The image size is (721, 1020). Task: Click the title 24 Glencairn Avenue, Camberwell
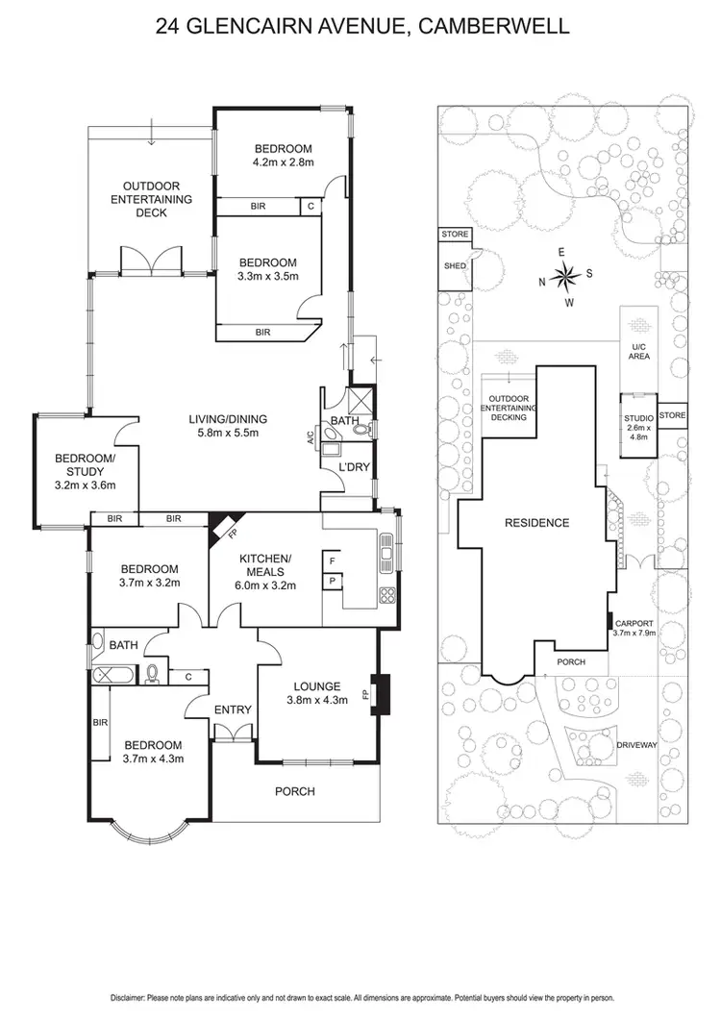click(x=360, y=27)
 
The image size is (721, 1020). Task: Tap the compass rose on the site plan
click(x=565, y=277)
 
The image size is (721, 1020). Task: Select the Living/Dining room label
click(x=227, y=419)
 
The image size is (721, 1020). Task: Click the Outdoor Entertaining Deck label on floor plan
click(x=151, y=199)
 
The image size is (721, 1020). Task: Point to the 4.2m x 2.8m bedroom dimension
click(x=284, y=164)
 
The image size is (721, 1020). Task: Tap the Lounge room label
click(x=318, y=686)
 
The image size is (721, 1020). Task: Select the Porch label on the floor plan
click(x=295, y=791)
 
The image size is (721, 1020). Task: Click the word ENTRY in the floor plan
click(x=233, y=710)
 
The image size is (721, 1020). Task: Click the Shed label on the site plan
click(x=454, y=266)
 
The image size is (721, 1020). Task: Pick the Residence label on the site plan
click(x=537, y=523)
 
